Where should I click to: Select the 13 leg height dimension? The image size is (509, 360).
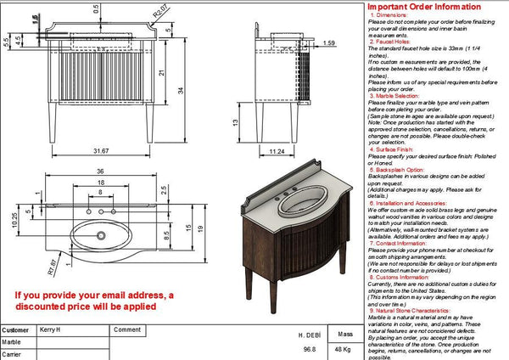tap(235, 121)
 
